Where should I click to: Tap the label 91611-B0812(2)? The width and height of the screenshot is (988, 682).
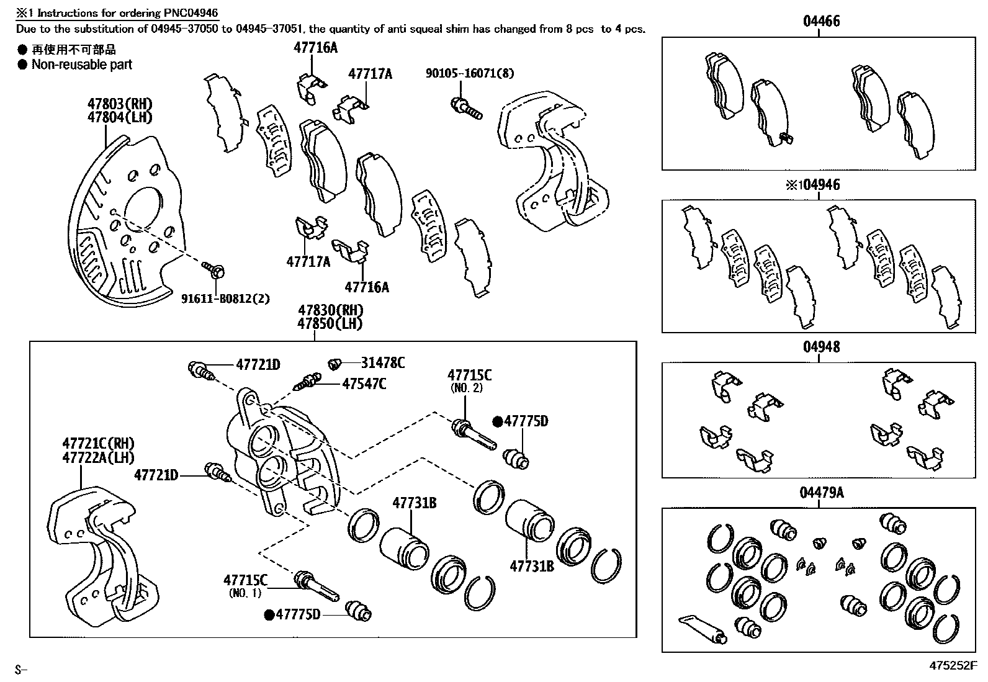point(225,298)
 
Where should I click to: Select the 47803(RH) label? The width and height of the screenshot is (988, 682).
point(120,104)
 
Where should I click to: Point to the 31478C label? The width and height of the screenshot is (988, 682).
point(383,363)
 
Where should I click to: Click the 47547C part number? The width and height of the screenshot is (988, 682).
point(364,384)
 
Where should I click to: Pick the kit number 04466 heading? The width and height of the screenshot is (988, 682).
point(821,21)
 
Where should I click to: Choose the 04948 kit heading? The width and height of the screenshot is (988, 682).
point(821,347)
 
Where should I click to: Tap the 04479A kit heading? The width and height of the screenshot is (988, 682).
point(821,493)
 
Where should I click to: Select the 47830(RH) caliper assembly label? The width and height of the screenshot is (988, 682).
point(330,310)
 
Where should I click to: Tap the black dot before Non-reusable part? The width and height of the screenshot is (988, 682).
point(22,65)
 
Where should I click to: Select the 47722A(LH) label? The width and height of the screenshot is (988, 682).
point(98,457)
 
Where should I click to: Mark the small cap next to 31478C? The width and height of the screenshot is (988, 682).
point(336,362)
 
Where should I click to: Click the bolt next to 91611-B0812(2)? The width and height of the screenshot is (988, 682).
point(213,269)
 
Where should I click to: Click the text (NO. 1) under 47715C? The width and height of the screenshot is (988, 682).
point(245,593)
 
